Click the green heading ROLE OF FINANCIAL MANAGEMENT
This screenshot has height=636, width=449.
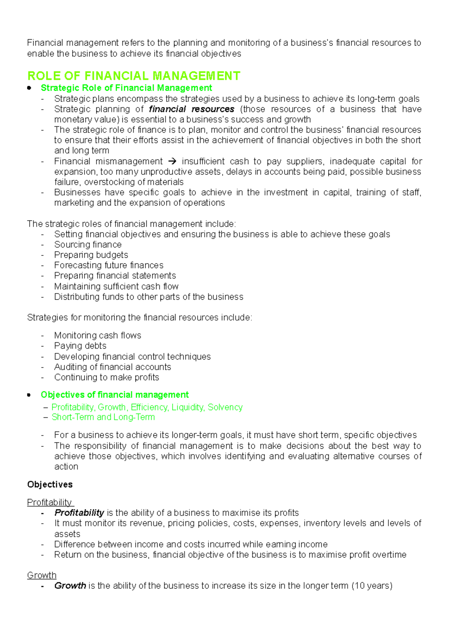[x=134, y=76]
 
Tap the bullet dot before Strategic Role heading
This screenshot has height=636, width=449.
[x=29, y=88]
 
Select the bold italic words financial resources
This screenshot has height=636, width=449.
[x=192, y=109]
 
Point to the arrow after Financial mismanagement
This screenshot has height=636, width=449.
[x=172, y=162]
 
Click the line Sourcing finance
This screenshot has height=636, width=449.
[x=88, y=245]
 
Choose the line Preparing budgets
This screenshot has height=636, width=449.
[x=91, y=255]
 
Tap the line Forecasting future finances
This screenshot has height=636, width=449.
[x=109, y=266]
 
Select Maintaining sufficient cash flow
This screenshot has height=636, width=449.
[x=116, y=287]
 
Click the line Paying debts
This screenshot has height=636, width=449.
[x=80, y=346]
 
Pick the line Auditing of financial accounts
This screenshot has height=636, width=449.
[x=113, y=367]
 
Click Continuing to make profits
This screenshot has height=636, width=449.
[x=107, y=377]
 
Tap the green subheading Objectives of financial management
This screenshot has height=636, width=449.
[x=114, y=395]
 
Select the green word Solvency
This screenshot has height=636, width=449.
[x=225, y=407]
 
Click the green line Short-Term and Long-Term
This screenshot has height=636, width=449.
[x=103, y=417]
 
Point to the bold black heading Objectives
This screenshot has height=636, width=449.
[x=50, y=485]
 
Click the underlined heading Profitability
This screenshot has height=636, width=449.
[x=50, y=502]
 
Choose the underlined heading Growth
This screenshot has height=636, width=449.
[x=42, y=575]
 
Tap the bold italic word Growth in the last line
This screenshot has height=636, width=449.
[x=70, y=586]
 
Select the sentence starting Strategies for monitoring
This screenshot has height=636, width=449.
[x=140, y=318]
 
